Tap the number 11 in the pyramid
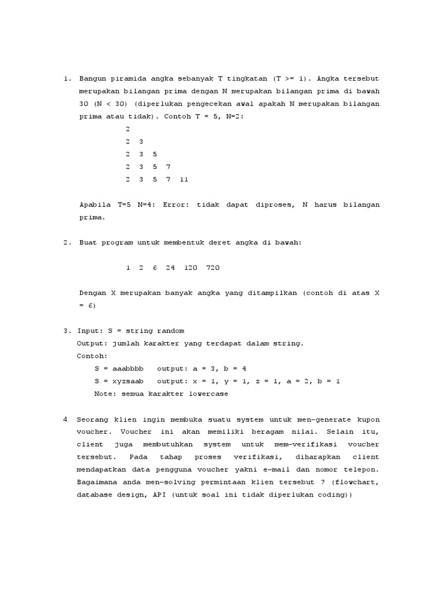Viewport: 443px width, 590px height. (184, 179)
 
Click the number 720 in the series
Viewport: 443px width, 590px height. (213, 268)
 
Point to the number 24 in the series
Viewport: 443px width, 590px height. (170, 268)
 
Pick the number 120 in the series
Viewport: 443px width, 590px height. (191, 268)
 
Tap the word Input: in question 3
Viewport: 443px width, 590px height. (90, 331)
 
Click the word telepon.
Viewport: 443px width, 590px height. (363, 470)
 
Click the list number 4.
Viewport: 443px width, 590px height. (66, 419)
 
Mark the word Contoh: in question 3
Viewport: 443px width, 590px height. (92, 356)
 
